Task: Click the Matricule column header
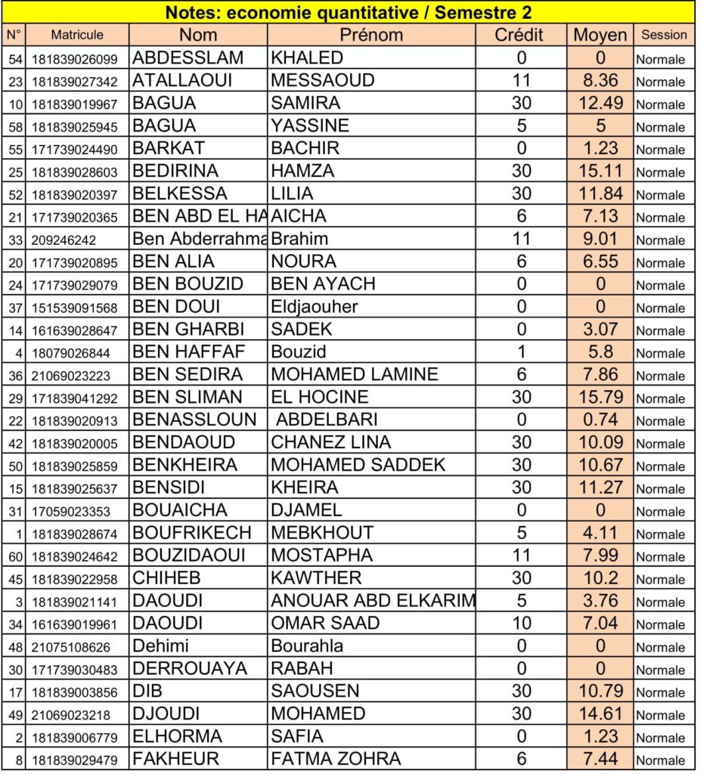point(77,35)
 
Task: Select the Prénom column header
point(371,35)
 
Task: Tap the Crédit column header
point(519,35)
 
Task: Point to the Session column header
point(664,35)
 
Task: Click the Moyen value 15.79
point(599,397)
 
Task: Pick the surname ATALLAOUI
point(182,80)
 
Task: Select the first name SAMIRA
point(305,103)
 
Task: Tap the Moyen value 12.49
point(600,103)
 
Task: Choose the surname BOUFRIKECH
point(192,533)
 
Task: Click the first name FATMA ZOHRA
point(336,759)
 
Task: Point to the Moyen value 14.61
point(600,714)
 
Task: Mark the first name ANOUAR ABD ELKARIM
point(373,601)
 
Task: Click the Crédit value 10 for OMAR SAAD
point(521,624)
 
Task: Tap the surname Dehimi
point(160,646)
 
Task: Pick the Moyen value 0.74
point(600,420)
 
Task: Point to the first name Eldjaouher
point(315,308)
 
